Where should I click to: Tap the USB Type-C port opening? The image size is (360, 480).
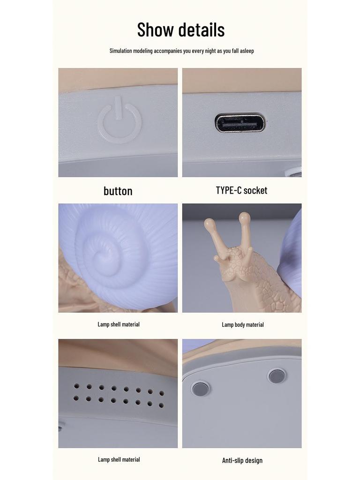(240, 123)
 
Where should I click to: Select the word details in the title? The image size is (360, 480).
(201, 30)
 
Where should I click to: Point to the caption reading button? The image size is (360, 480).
(118, 191)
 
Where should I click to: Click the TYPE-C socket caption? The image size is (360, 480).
(241, 190)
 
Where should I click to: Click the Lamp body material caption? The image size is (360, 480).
(242, 324)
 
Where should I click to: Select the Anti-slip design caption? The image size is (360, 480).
(242, 460)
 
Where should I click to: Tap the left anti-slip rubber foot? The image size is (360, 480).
(200, 388)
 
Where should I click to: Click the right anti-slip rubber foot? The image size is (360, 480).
(276, 375)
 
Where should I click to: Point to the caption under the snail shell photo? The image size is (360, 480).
(119, 324)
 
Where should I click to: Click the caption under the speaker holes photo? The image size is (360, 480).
(119, 459)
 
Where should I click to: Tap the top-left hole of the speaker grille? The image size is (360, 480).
(76, 386)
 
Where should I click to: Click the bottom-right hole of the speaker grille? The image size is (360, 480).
(161, 405)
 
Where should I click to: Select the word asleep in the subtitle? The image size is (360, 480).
(247, 51)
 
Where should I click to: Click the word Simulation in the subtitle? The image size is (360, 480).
(120, 51)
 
